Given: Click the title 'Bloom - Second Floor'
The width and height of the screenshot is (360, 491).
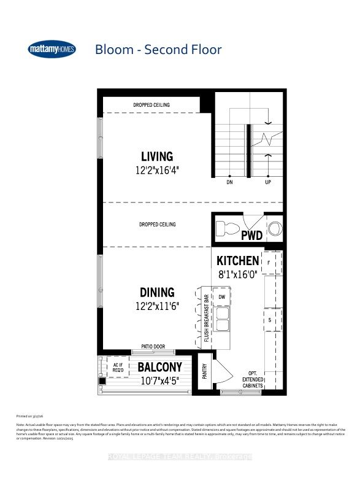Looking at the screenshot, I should [158, 49].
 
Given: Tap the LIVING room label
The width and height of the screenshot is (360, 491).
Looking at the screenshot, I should [157, 157].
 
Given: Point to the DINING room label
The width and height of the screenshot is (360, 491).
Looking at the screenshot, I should [157, 292].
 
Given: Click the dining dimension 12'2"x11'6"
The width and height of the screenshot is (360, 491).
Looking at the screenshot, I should [157, 306].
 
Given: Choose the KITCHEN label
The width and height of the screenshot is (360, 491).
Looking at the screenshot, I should [237, 261].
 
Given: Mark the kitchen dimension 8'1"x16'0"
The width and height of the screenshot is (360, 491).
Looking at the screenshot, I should [237, 276].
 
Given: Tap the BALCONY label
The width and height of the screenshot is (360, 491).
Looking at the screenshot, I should [159, 367].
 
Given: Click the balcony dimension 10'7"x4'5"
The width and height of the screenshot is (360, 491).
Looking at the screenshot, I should [159, 381].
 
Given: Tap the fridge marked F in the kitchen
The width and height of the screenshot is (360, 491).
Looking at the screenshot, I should [269, 262].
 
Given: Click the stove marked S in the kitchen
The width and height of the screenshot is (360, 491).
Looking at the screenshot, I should [269, 320].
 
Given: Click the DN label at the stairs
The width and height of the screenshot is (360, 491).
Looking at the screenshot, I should [229, 182].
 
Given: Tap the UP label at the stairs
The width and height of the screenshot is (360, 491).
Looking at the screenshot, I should [268, 182].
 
